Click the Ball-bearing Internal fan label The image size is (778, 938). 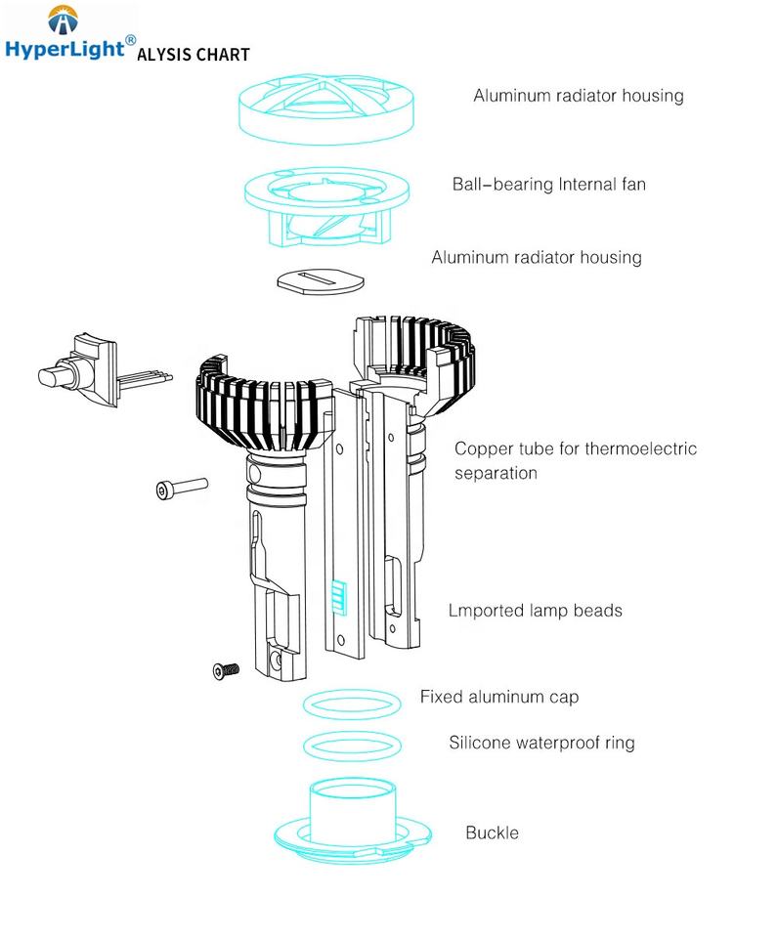pos(548,184)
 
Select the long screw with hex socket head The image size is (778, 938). pos(182,488)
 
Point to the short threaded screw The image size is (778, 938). pos(226,670)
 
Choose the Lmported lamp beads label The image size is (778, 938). pos(535,611)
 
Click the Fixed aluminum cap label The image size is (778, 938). pos(498,697)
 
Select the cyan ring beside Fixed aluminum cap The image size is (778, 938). pos(351,703)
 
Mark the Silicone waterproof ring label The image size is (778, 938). pos(541,743)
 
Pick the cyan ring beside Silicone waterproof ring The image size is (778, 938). pos(351,746)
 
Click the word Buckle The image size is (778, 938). pos(492,833)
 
